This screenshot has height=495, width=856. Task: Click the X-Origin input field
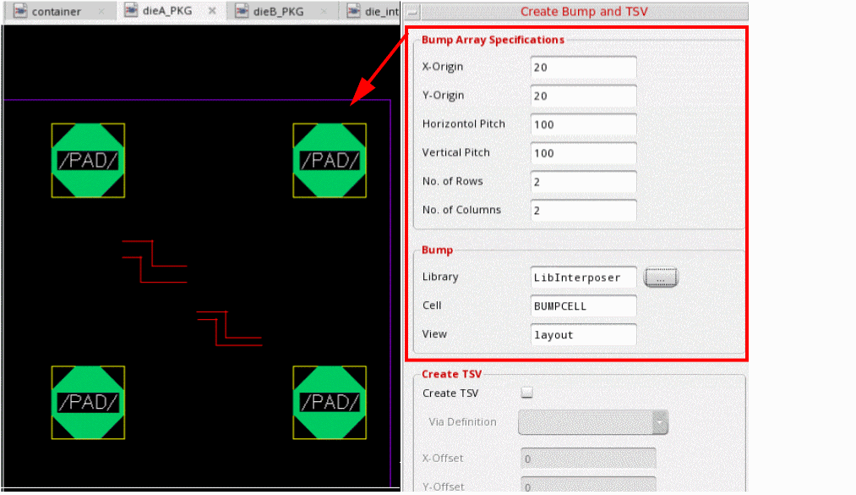(583, 67)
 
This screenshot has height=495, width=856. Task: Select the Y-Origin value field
(583, 96)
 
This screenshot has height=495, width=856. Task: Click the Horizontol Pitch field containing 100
(583, 124)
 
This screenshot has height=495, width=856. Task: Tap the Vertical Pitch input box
(583, 153)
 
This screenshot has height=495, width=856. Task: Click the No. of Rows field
(583, 181)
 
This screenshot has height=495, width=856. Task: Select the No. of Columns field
(583, 211)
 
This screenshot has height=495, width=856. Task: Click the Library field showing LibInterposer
(583, 278)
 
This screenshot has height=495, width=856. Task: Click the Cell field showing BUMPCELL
(583, 306)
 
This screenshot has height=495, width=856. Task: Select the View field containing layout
(583, 334)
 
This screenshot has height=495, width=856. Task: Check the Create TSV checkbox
(526, 393)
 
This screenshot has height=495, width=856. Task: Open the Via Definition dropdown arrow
(660, 422)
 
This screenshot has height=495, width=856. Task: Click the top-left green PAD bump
(88, 161)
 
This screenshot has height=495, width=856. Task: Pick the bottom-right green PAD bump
(330, 403)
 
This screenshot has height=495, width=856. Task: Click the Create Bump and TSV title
(584, 12)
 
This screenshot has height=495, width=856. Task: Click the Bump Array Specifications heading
(493, 40)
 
